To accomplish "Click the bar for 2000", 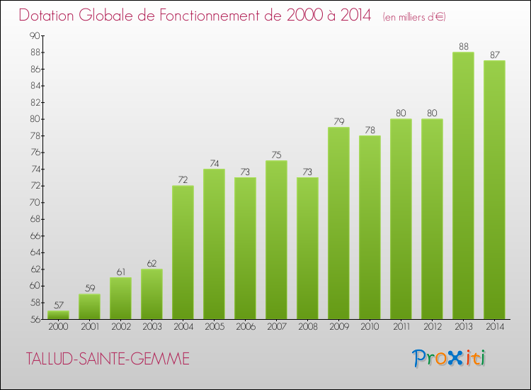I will pos(58,315).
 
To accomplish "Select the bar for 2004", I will pos(183,252).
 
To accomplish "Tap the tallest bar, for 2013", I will pos(463,186).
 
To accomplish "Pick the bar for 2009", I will pos(338,223).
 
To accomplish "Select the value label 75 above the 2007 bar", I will pos(276,155).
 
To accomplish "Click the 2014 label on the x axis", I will pos(494,326).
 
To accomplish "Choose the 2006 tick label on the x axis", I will pos(245,326).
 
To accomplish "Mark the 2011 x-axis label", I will pos(401,326).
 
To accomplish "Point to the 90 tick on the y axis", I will pos(35,35).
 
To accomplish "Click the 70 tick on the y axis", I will pos(35,202).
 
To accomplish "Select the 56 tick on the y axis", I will pos(35,319).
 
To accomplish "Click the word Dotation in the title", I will pos(50,15).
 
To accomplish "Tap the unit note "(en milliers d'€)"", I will pos(414,16).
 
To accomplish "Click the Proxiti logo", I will pos(450,358).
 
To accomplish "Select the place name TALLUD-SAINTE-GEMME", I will pos(106,360).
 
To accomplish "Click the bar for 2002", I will pos(120,298).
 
